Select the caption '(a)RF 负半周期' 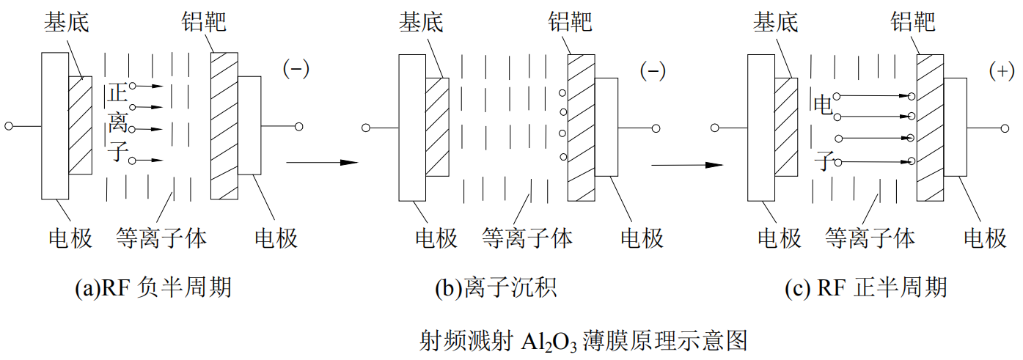coord(153,287)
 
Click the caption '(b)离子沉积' coord(496,287)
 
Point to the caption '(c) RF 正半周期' coord(865,287)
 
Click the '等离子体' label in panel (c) coord(870,238)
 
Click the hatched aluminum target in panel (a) coord(224,125)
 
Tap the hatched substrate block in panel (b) coord(436,125)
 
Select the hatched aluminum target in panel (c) coord(930,125)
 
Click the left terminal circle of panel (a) coord(9,126)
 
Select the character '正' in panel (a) coord(117,92)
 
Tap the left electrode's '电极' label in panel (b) coord(436,238)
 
